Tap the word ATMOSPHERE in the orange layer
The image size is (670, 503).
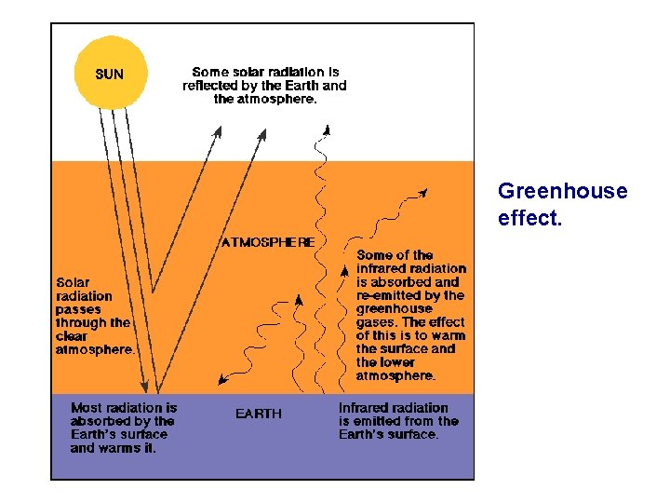268,242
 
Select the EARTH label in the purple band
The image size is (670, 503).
258,414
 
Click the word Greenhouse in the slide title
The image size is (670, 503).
562,192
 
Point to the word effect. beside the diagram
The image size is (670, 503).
529,222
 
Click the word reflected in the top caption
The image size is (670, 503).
213,86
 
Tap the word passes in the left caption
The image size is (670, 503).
78,309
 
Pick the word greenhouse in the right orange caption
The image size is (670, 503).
395,308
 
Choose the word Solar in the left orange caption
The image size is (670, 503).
74,282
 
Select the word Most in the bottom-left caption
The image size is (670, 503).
87,407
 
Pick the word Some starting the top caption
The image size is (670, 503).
210,72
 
